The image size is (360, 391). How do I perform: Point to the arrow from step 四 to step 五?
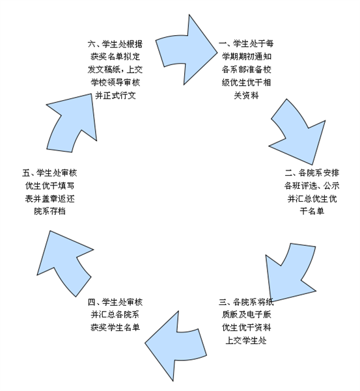(x=64, y=262)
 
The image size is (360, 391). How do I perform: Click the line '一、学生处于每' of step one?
(x=246, y=44)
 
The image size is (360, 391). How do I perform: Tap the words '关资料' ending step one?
(x=246, y=95)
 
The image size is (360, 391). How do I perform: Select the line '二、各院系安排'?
(x=312, y=173)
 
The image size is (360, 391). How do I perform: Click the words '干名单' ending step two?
(x=312, y=211)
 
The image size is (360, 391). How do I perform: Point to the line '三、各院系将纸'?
(x=246, y=302)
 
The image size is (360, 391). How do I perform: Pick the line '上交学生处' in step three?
(x=246, y=340)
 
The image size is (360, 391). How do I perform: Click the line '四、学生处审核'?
(x=115, y=302)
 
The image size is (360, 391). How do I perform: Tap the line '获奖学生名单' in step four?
(x=115, y=327)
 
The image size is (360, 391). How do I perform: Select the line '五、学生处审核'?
(x=49, y=173)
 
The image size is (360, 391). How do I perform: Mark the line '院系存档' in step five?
(x=49, y=211)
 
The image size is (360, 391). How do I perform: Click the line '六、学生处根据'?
(x=115, y=44)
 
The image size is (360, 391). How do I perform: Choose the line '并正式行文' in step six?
(x=115, y=96)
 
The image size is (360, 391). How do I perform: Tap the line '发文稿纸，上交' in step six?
(x=115, y=70)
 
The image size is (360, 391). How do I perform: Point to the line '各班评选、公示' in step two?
(x=312, y=186)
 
